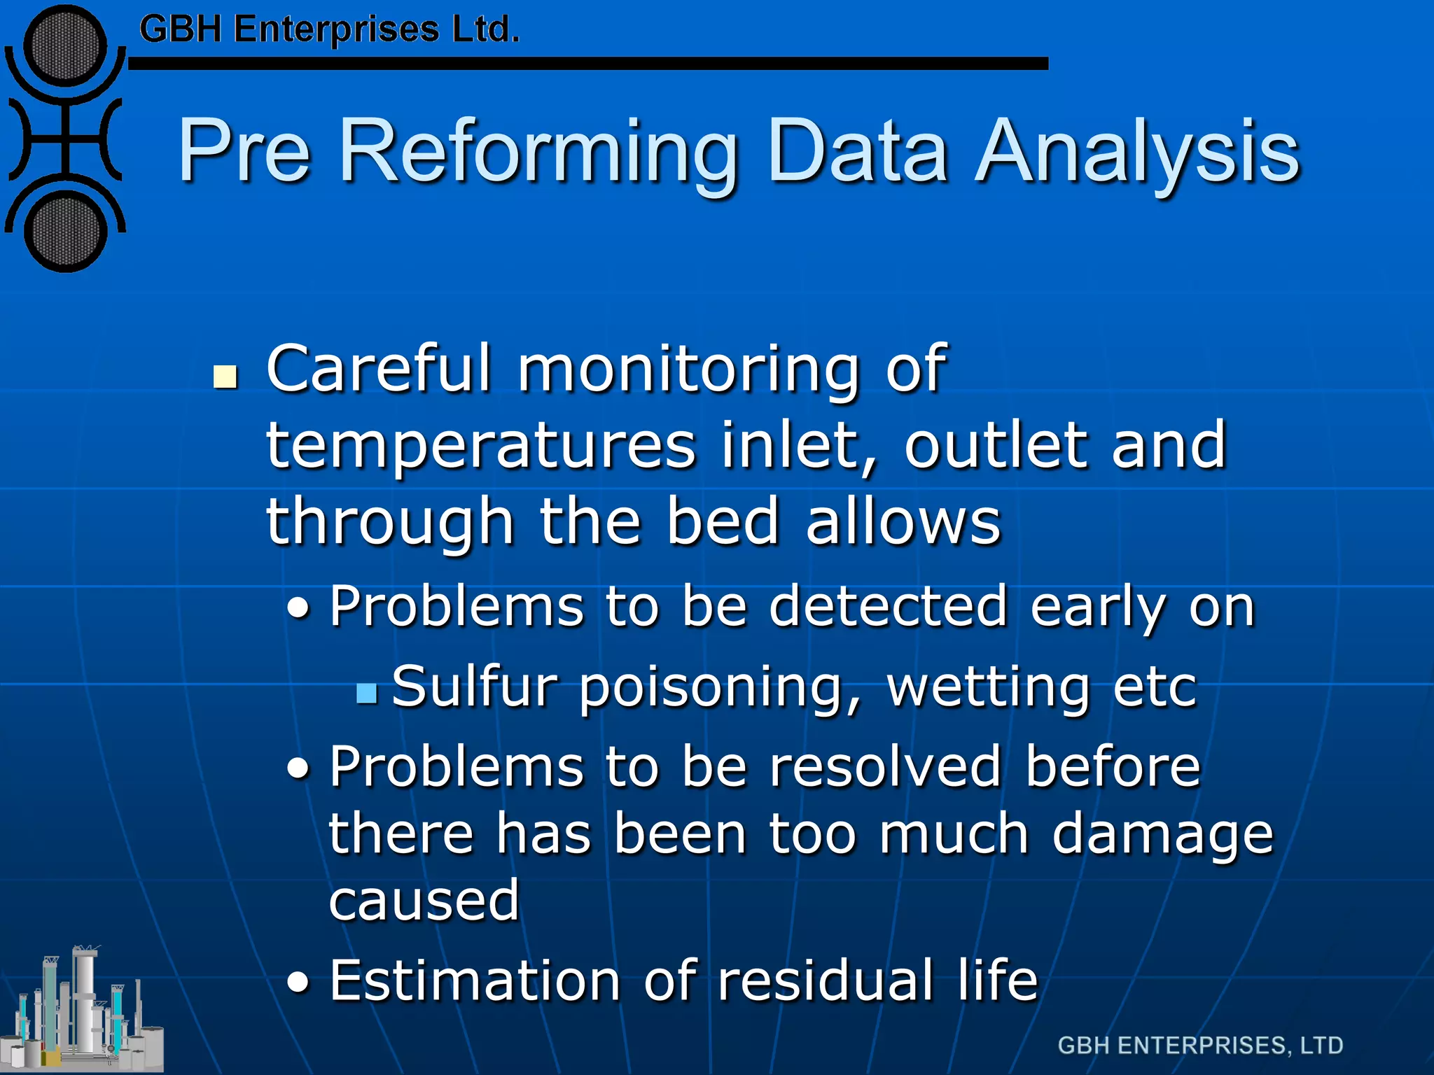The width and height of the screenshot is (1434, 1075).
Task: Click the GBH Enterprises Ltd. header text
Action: point(329,29)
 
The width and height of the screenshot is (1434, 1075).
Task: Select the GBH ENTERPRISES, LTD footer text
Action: point(1200,1045)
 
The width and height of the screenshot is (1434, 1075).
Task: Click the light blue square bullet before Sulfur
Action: point(366,693)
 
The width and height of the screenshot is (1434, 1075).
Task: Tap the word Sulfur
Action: point(473,686)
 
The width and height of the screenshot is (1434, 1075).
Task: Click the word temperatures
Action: point(481,446)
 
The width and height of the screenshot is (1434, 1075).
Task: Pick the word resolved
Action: point(885,766)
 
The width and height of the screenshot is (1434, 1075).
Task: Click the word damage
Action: point(1162,834)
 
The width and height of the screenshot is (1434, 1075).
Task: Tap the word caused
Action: point(424,901)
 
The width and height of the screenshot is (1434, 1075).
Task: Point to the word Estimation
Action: point(475,980)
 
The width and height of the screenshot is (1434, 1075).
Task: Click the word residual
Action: point(826,980)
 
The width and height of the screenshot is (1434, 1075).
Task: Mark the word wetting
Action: point(987,687)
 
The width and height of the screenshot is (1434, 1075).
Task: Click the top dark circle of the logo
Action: point(65,47)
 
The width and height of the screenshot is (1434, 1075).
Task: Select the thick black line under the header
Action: point(588,64)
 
